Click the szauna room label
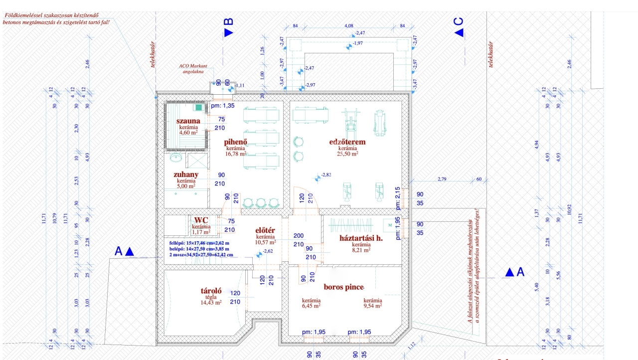pyautogui.click(x=188, y=121)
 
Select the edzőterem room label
pyautogui.click(x=347, y=142)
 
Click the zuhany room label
pyautogui.click(x=186, y=175)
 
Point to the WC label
pyautogui.click(x=201, y=220)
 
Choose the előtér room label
pyautogui.click(x=265, y=230)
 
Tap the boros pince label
pyautogui.click(x=343, y=287)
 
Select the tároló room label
pyautogui.click(x=211, y=291)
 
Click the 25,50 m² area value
pyautogui.click(x=347, y=154)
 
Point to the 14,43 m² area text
pyautogui.click(x=211, y=303)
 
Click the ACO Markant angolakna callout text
pyautogui.click(x=193, y=69)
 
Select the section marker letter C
pyautogui.click(x=459, y=22)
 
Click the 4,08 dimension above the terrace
pyautogui.click(x=348, y=25)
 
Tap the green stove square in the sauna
pyautogui.click(x=199, y=107)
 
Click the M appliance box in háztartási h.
pyautogui.click(x=388, y=224)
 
